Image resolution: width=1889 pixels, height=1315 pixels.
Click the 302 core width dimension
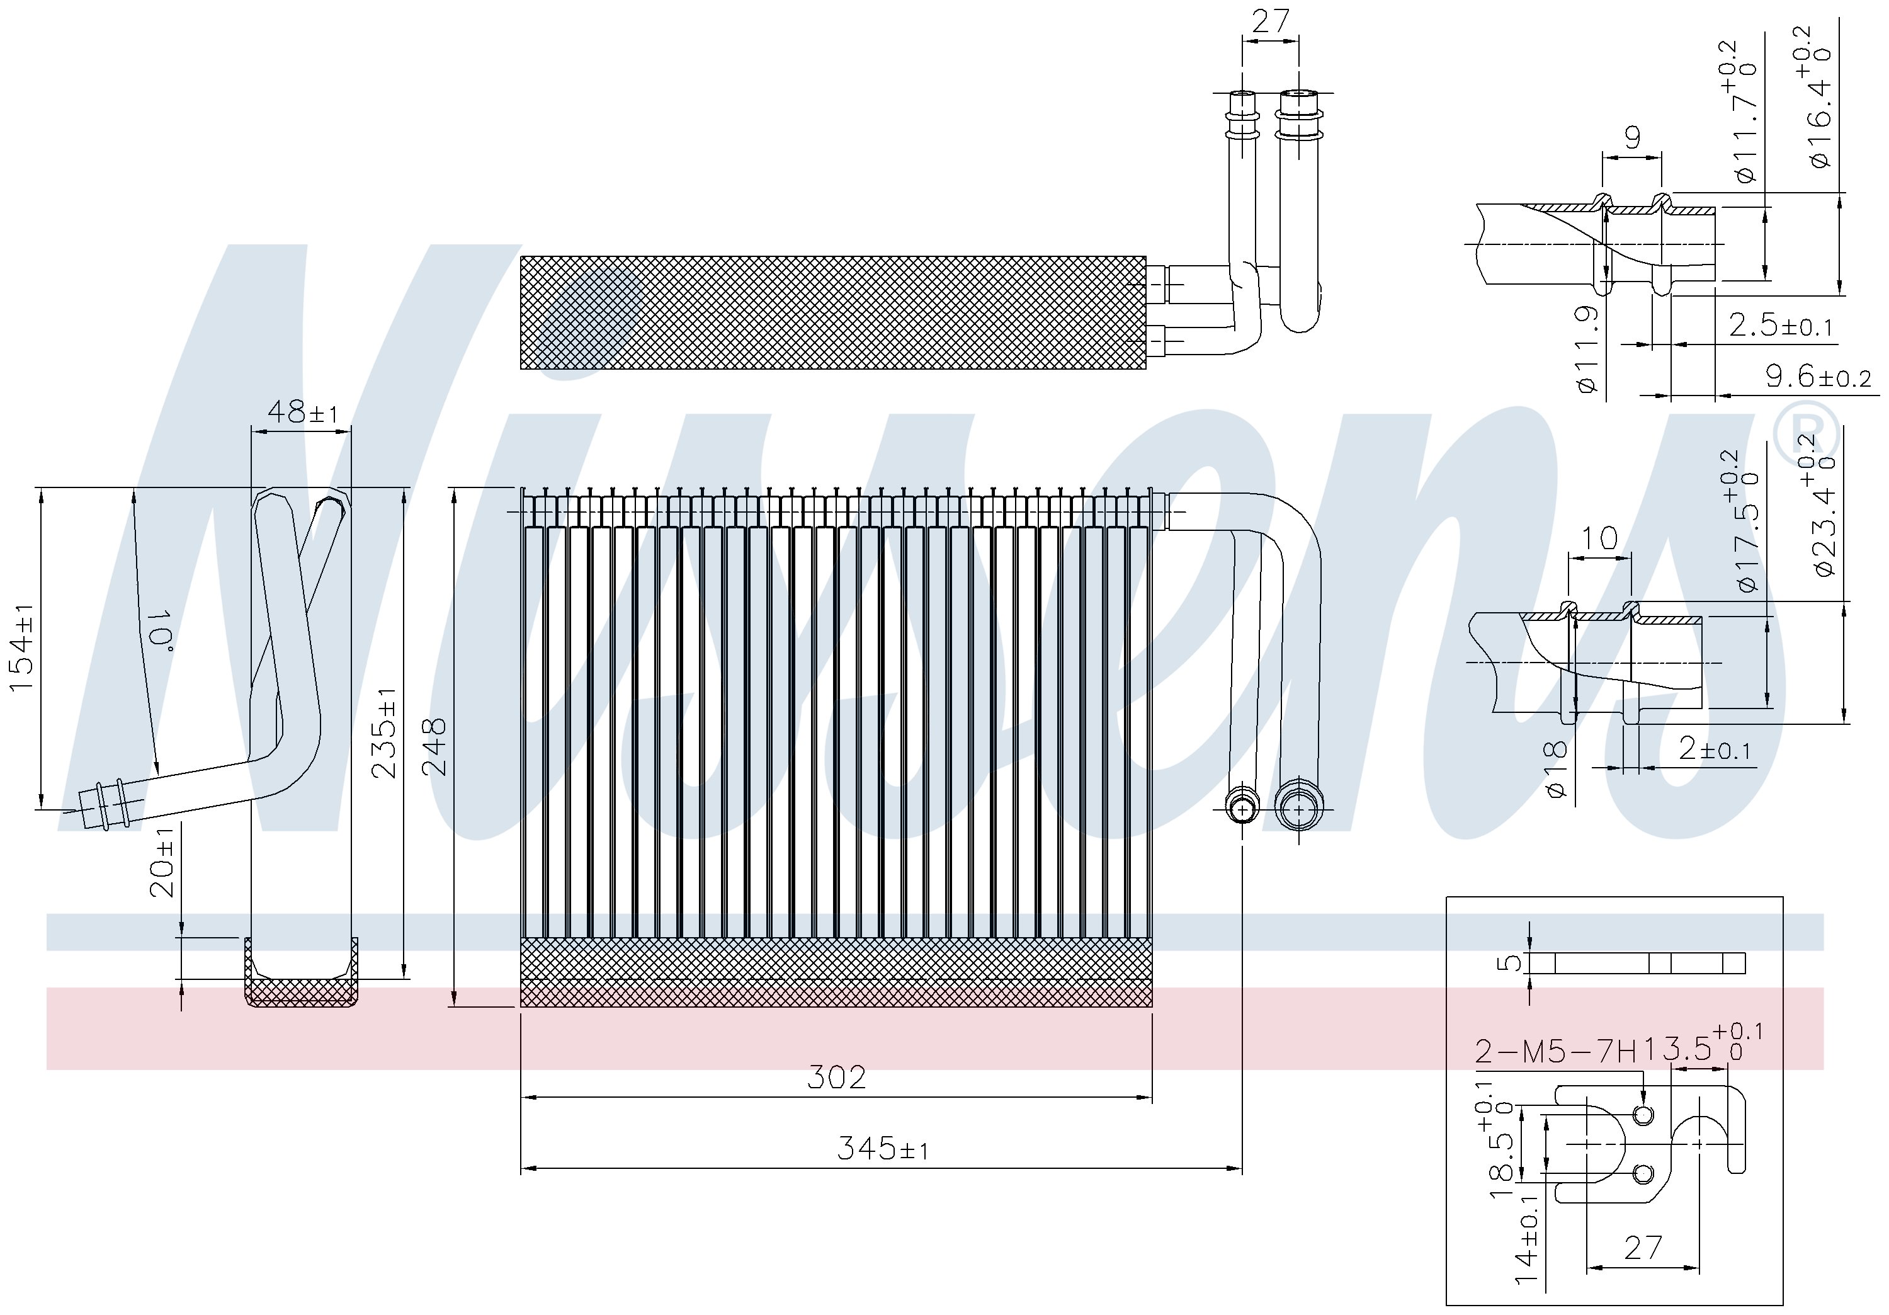pos(836,1077)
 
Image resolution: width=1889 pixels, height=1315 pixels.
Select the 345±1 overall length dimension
pos(883,1148)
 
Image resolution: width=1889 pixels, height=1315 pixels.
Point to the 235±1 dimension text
pos(384,733)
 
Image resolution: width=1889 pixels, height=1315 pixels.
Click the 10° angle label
pos(158,630)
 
